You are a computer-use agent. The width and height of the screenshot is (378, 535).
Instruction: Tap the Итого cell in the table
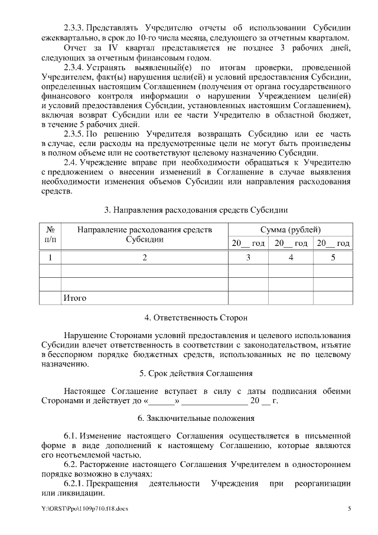click(74, 298)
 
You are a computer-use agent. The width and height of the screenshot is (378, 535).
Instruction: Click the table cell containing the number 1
click(50, 257)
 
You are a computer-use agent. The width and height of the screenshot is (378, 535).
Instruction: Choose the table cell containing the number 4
click(291, 257)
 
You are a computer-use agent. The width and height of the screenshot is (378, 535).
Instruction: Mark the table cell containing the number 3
click(248, 257)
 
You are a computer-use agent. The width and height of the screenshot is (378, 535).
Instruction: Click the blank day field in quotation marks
click(165, 401)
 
